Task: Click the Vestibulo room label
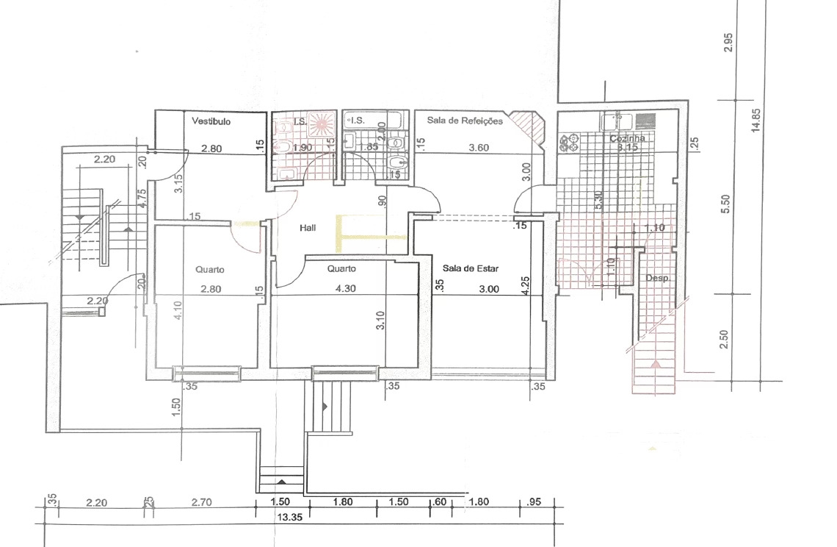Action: [x=211, y=121]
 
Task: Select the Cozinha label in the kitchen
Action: [x=628, y=138]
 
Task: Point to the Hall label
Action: [x=308, y=229]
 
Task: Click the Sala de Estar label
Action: [x=471, y=269]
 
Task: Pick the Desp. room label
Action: [x=656, y=279]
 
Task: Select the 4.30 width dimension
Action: [x=345, y=289]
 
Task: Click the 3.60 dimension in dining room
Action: [x=479, y=148]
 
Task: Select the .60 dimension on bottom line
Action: [x=440, y=503]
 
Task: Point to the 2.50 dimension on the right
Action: [x=725, y=339]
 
